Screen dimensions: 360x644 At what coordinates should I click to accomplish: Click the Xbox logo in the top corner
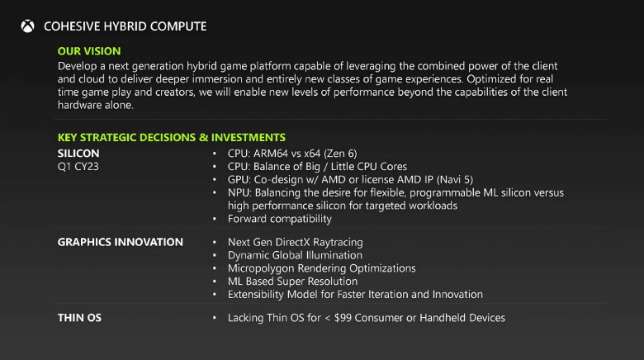(28, 26)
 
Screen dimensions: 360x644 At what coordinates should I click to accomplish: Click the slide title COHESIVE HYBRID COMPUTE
(125, 26)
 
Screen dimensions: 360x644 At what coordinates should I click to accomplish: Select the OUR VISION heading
(89, 51)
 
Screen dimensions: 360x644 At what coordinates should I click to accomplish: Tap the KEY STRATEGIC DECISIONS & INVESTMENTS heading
(172, 137)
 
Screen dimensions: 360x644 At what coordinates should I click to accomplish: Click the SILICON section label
(78, 154)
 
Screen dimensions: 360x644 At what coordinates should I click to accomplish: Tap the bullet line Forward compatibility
(280, 219)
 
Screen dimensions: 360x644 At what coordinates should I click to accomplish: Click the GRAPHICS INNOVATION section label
(121, 242)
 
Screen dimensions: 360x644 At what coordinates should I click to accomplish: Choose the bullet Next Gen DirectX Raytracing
(296, 242)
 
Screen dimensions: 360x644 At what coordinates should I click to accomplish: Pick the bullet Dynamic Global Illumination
(295, 255)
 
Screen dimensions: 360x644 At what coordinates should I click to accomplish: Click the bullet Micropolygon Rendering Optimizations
(322, 268)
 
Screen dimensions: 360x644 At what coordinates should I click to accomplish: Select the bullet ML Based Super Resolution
(293, 282)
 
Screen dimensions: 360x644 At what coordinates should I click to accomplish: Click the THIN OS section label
(80, 317)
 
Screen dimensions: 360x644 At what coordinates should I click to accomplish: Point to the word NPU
(240, 192)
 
